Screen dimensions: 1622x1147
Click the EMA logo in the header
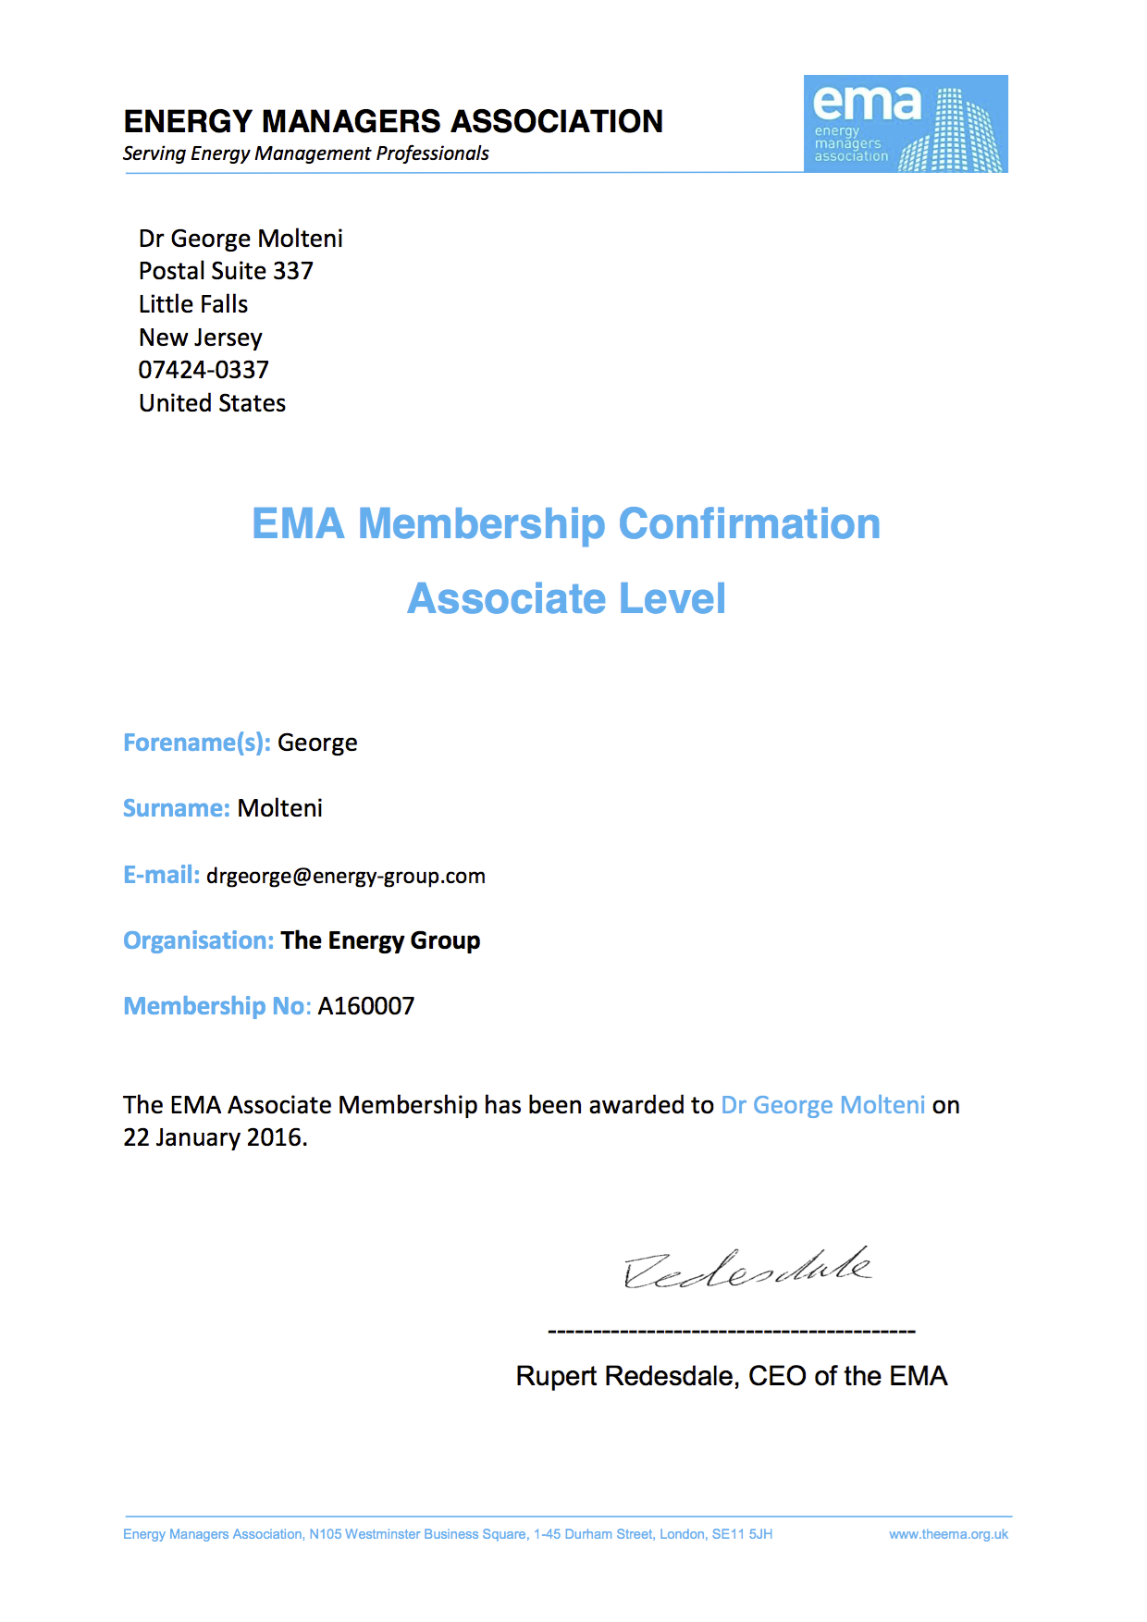click(x=905, y=124)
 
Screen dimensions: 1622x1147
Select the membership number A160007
click(x=366, y=1006)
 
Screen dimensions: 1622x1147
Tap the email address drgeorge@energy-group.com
click(x=346, y=876)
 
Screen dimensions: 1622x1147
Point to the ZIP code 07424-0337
click(x=203, y=370)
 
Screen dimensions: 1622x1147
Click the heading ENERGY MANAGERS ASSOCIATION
click(x=393, y=121)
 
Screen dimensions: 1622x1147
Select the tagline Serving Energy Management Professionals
click(x=306, y=154)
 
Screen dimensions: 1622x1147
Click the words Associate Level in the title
click(x=566, y=598)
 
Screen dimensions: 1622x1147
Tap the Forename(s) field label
click(x=196, y=743)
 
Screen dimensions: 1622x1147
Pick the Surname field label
click(x=176, y=808)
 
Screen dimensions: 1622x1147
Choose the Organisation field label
click(x=198, y=940)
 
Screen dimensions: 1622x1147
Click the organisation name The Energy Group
click(x=380, y=940)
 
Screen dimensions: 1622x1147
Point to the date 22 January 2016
click(x=214, y=1137)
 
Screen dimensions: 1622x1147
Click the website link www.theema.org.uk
click(x=948, y=1534)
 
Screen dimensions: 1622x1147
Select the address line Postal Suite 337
click(x=226, y=271)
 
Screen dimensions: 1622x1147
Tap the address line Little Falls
click(x=193, y=304)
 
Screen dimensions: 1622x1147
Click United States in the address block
click(x=212, y=403)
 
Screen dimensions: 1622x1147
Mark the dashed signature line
click(x=732, y=1332)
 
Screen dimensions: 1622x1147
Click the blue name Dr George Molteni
click(x=822, y=1105)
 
